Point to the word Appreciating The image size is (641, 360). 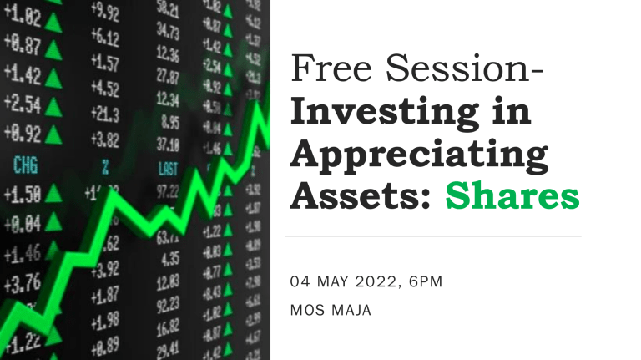pyautogui.click(x=419, y=155)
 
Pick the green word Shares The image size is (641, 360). pyautogui.click(x=512, y=197)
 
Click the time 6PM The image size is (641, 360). pyautogui.click(x=423, y=282)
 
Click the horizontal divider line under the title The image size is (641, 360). pyautogui.click(x=433, y=236)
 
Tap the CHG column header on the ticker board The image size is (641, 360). pyautogui.click(x=25, y=165)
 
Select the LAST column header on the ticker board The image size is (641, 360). pyautogui.click(x=167, y=168)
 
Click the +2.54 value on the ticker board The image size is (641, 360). pyautogui.click(x=23, y=104)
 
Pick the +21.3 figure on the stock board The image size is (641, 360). pyautogui.click(x=106, y=113)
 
